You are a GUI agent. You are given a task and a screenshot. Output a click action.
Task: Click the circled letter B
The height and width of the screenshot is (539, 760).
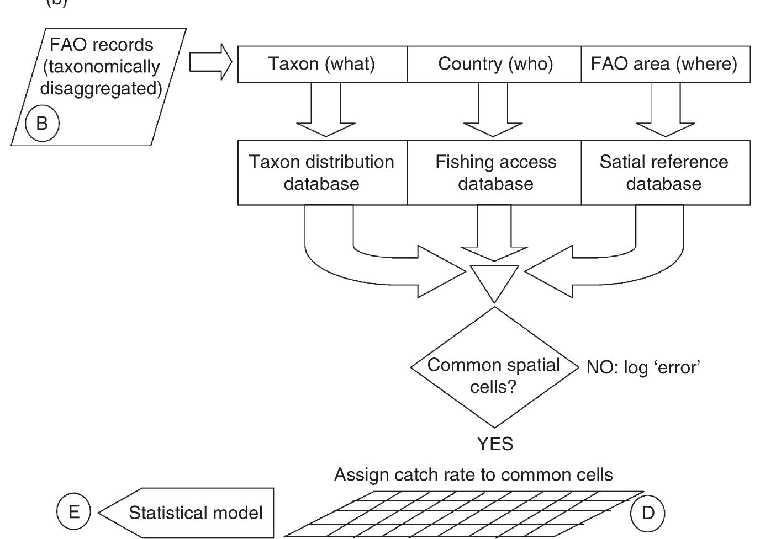pyautogui.click(x=42, y=124)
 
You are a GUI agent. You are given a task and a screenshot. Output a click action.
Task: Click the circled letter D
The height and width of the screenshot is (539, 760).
pyautogui.click(x=647, y=513)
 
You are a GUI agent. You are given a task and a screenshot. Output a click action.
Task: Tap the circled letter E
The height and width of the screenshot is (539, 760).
pyautogui.click(x=73, y=512)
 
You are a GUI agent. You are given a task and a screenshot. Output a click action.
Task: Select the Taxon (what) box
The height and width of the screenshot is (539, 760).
pyautogui.click(x=321, y=64)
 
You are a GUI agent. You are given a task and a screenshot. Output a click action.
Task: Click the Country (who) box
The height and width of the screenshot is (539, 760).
pyautogui.click(x=495, y=64)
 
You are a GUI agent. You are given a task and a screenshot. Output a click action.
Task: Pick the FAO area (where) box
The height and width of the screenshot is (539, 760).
pyautogui.click(x=664, y=64)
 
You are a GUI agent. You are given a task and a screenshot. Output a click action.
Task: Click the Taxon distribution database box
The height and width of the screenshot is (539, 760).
pyautogui.click(x=321, y=172)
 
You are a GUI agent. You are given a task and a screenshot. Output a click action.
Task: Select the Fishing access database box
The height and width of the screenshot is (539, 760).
pyautogui.click(x=495, y=172)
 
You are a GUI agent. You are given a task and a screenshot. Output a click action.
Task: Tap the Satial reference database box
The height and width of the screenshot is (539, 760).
pyautogui.click(x=664, y=172)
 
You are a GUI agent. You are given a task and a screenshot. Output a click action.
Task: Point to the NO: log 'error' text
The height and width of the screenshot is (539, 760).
pyautogui.click(x=643, y=367)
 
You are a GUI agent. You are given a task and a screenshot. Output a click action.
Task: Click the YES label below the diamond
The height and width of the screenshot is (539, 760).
pyautogui.click(x=495, y=444)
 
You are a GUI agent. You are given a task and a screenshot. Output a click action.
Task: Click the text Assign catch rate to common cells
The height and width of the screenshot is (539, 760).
pyautogui.click(x=473, y=475)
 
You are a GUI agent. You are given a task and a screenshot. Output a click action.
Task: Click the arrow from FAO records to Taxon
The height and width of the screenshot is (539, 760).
pyautogui.click(x=210, y=62)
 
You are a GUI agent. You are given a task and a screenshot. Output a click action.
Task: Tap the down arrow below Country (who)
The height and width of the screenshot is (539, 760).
pyautogui.click(x=493, y=110)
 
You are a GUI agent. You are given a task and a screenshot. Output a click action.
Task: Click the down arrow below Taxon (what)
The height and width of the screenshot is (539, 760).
pyautogui.click(x=326, y=110)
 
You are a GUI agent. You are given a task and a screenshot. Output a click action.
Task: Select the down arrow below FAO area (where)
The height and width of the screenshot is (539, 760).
pyautogui.click(x=666, y=110)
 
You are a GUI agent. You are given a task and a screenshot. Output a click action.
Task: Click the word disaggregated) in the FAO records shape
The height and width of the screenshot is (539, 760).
pyautogui.click(x=101, y=89)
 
